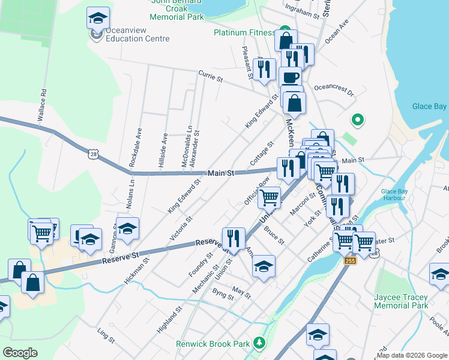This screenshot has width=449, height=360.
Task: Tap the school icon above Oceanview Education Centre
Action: click(98, 19)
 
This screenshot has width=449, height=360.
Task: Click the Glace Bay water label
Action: click(429, 106)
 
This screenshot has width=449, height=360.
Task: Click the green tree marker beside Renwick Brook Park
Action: click(259, 343)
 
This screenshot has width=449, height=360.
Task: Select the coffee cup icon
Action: click(291, 77)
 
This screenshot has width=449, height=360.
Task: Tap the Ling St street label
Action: click(106, 335)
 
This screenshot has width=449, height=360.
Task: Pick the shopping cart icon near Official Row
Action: click(270, 197)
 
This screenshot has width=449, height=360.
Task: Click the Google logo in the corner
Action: click(20, 353)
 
